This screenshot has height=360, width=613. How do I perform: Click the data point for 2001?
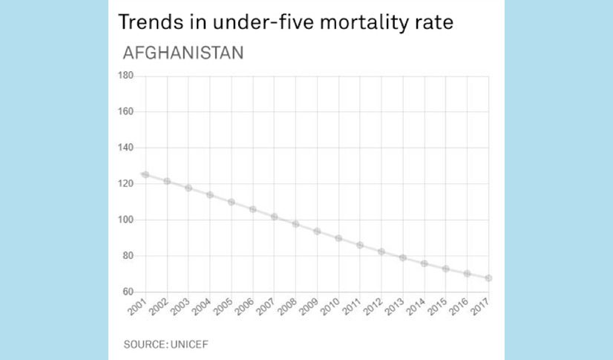pyautogui.click(x=145, y=175)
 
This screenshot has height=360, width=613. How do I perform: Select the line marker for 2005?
pyautogui.click(x=232, y=202)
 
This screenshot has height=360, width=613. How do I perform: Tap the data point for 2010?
pyautogui.click(x=338, y=238)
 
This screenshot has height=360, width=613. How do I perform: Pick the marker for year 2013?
pyautogui.click(x=403, y=258)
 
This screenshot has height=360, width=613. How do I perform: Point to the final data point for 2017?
pyautogui.click(x=489, y=278)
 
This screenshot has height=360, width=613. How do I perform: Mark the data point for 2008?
pyautogui.click(x=295, y=223)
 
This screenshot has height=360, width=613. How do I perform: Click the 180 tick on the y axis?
pyautogui.click(x=125, y=76)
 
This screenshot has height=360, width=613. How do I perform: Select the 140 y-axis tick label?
pyautogui.click(x=125, y=148)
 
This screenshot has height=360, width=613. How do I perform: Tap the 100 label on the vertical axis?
pyautogui.click(x=125, y=220)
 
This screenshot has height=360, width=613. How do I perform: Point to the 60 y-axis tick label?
pyautogui.click(x=127, y=292)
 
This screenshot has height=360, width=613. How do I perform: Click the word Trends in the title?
pyautogui.click(x=146, y=22)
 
